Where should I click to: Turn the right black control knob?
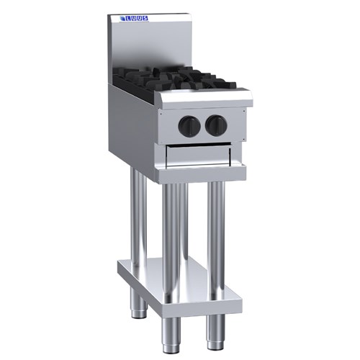215,126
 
